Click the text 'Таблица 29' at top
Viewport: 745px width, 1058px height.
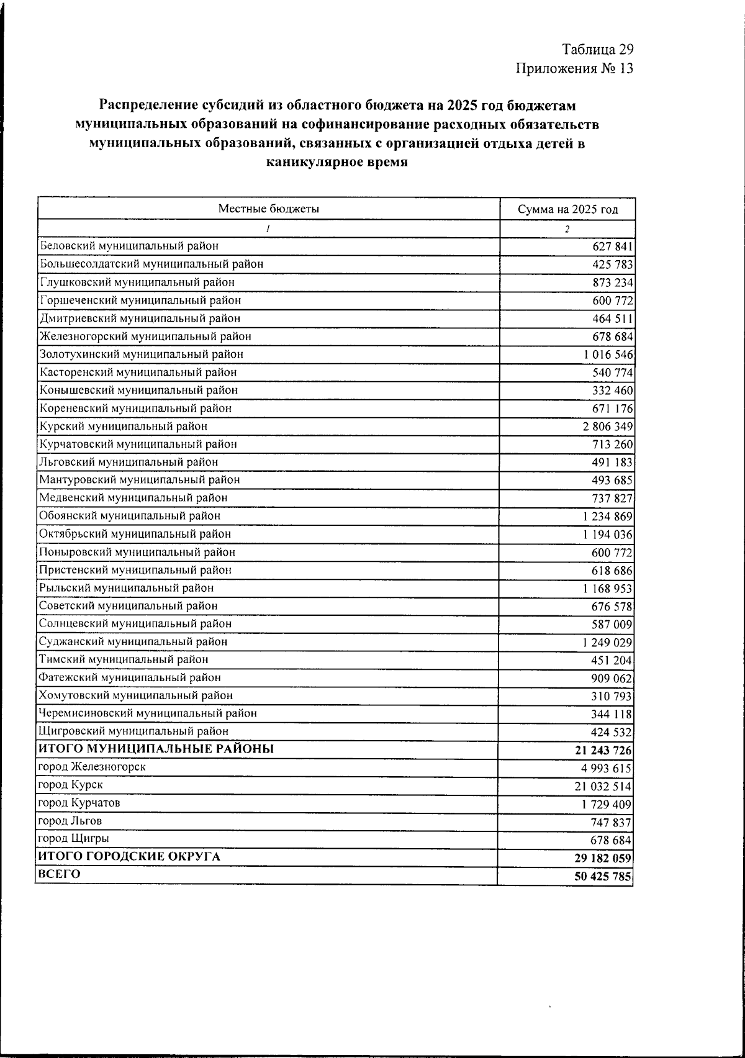coord(597,49)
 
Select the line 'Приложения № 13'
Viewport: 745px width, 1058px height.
coord(574,68)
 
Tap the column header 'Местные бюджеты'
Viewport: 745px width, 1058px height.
coord(268,209)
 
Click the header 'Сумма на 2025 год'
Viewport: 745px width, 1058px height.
coord(567,209)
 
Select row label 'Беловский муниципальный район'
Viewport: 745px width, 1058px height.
coord(129,246)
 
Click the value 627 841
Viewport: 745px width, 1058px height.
coord(612,246)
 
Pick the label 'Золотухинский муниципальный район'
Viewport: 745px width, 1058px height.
coord(142,354)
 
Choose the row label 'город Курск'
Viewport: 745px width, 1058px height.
coord(71,785)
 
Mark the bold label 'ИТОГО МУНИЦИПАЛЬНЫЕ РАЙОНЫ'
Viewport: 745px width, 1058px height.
coord(156,749)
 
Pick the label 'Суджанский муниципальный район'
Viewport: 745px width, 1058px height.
coord(133,641)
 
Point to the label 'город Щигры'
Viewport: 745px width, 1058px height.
coord(74,838)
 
